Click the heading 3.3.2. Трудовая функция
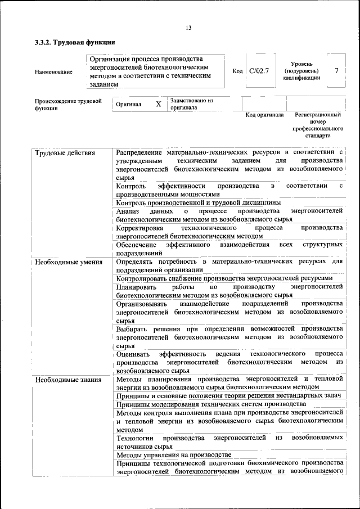(75, 43)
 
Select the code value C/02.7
(259, 71)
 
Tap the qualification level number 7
(336, 71)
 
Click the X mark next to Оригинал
(158, 105)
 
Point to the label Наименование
(53, 72)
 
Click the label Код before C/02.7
(237, 71)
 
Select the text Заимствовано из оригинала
(192, 104)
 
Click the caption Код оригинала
(264, 115)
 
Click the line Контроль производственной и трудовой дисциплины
(198, 202)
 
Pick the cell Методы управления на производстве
(174, 454)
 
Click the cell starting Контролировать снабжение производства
(224, 278)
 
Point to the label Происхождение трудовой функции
(68, 105)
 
